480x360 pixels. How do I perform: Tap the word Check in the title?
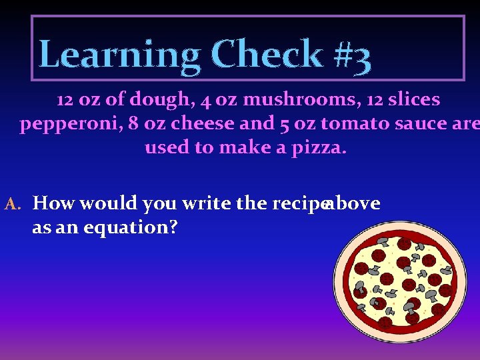click(267, 55)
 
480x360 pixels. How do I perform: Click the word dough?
click(160, 100)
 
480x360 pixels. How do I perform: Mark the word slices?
click(410, 100)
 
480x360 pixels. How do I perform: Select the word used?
click(167, 147)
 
